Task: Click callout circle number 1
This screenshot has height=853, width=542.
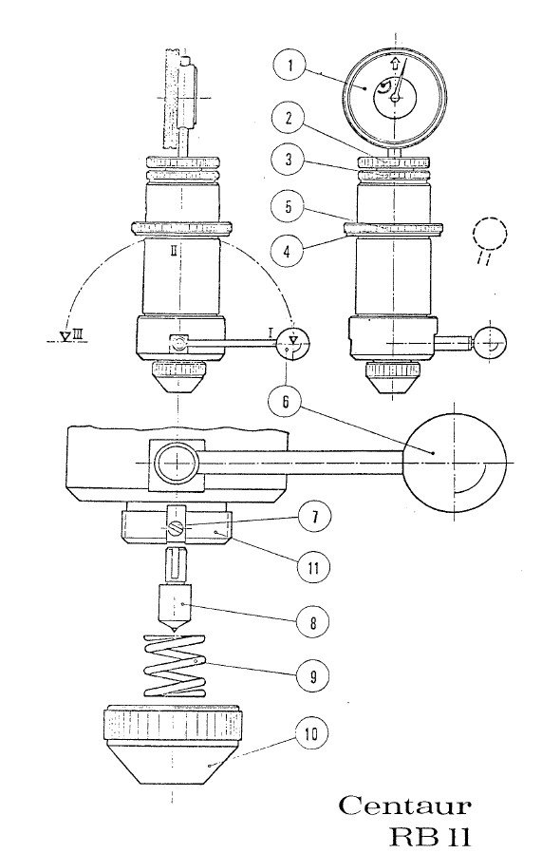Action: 290,67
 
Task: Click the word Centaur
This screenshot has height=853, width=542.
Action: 403,807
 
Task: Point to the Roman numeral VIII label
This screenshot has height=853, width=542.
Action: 71,335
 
